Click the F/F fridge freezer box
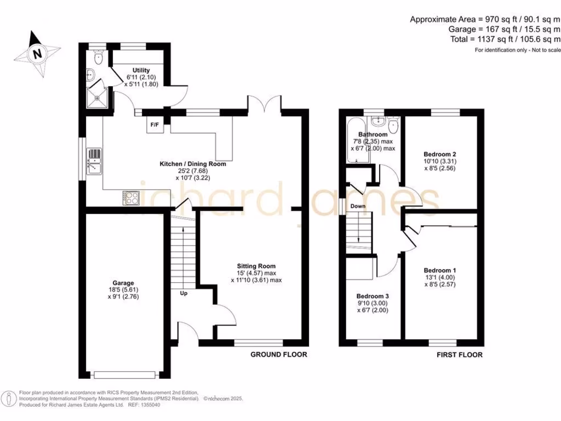[x=155, y=125]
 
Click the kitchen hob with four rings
[x=131, y=197]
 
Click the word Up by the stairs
[x=184, y=294]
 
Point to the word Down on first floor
[x=358, y=206]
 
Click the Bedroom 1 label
[x=440, y=270]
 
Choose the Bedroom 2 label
[x=440, y=154]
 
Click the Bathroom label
[x=373, y=134]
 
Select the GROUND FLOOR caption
[x=279, y=355]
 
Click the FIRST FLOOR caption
[x=459, y=355]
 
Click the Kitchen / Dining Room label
[x=192, y=164]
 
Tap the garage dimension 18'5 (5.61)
[x=112, y=291]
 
